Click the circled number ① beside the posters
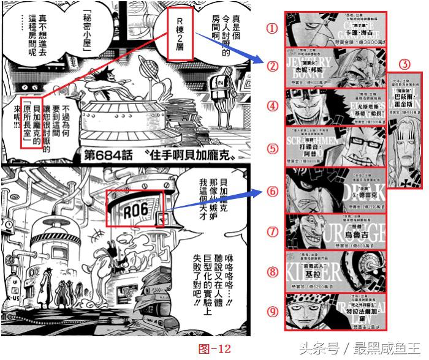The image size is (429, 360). pyautogui.click(x=272, y=28)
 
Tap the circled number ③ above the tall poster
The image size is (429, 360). pyautogui.click(x=403, y=64)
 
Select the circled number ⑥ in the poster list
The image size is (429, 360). pyautogui.click(x=272, y=190)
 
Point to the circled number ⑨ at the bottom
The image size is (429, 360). pyautogui.click(x=272, y=311)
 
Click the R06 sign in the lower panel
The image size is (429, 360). pyautogui.click(x=136, y=209)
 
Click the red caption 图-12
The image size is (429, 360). pyautogui.click(x=214, y=349)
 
